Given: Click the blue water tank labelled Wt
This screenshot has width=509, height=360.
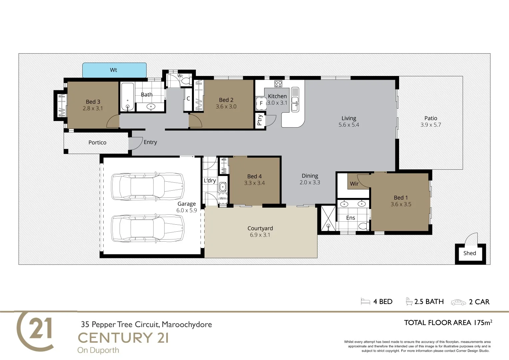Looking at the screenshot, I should click(x=114, y=70).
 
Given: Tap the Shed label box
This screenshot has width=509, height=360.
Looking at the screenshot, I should click(x=470, y=253).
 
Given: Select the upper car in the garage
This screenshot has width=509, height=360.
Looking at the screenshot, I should click(x=147, y=187).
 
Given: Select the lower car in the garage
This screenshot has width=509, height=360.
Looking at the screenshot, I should click(x=147, y=228).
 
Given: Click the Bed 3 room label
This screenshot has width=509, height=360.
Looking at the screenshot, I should click(x=93, y=102).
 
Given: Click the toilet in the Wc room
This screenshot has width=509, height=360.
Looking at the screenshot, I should click(x=187, y=81).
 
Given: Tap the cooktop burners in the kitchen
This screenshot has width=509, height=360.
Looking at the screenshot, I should click(x=278, y=84).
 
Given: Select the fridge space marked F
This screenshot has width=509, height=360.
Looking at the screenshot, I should click(x=261, y=103).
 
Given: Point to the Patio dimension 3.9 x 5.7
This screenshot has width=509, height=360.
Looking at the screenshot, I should click(x=430, y=125).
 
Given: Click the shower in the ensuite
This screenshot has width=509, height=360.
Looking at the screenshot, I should click(x=328, y=218).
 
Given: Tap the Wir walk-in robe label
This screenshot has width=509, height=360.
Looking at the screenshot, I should click(x=354, y=184).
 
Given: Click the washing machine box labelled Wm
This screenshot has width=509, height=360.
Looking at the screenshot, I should click(x=223, y=198).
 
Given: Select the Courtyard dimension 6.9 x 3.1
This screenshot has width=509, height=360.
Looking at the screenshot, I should click(x=260, y=235).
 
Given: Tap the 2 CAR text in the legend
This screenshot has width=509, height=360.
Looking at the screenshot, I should click(x=479, y=302).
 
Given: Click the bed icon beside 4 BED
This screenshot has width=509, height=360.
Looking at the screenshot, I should click(x=365, y=302).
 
